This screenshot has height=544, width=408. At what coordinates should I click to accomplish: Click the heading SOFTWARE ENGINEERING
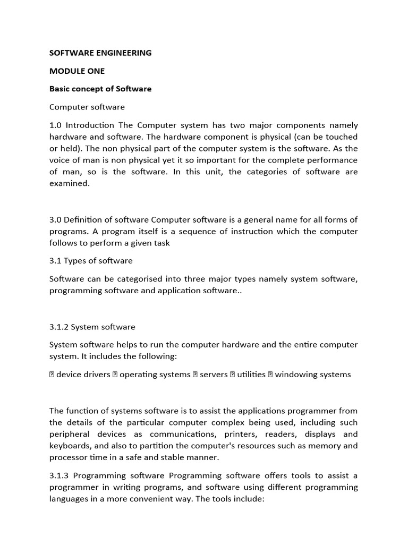point(100,53)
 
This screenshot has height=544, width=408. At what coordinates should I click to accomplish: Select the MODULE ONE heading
point(77,71)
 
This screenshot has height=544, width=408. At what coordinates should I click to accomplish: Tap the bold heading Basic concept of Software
point(100,89)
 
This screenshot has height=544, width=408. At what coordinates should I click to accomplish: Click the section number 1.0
point(56,125)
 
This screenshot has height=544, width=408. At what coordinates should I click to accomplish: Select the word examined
point(70,183)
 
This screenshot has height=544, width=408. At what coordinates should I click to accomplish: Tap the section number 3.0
point(56,220)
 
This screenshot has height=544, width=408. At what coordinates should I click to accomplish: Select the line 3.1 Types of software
point(91,260)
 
